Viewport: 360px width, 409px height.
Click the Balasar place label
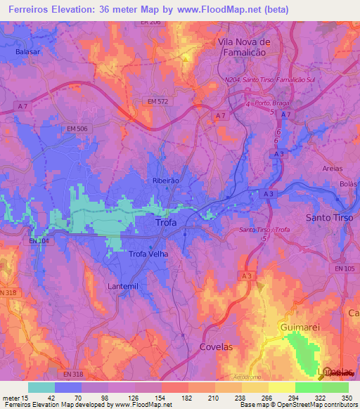coord(26,52)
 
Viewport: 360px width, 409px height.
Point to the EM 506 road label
coord(78,129)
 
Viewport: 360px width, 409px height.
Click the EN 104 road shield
coord(39,241)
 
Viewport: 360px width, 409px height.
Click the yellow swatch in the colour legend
coord(281,387)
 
